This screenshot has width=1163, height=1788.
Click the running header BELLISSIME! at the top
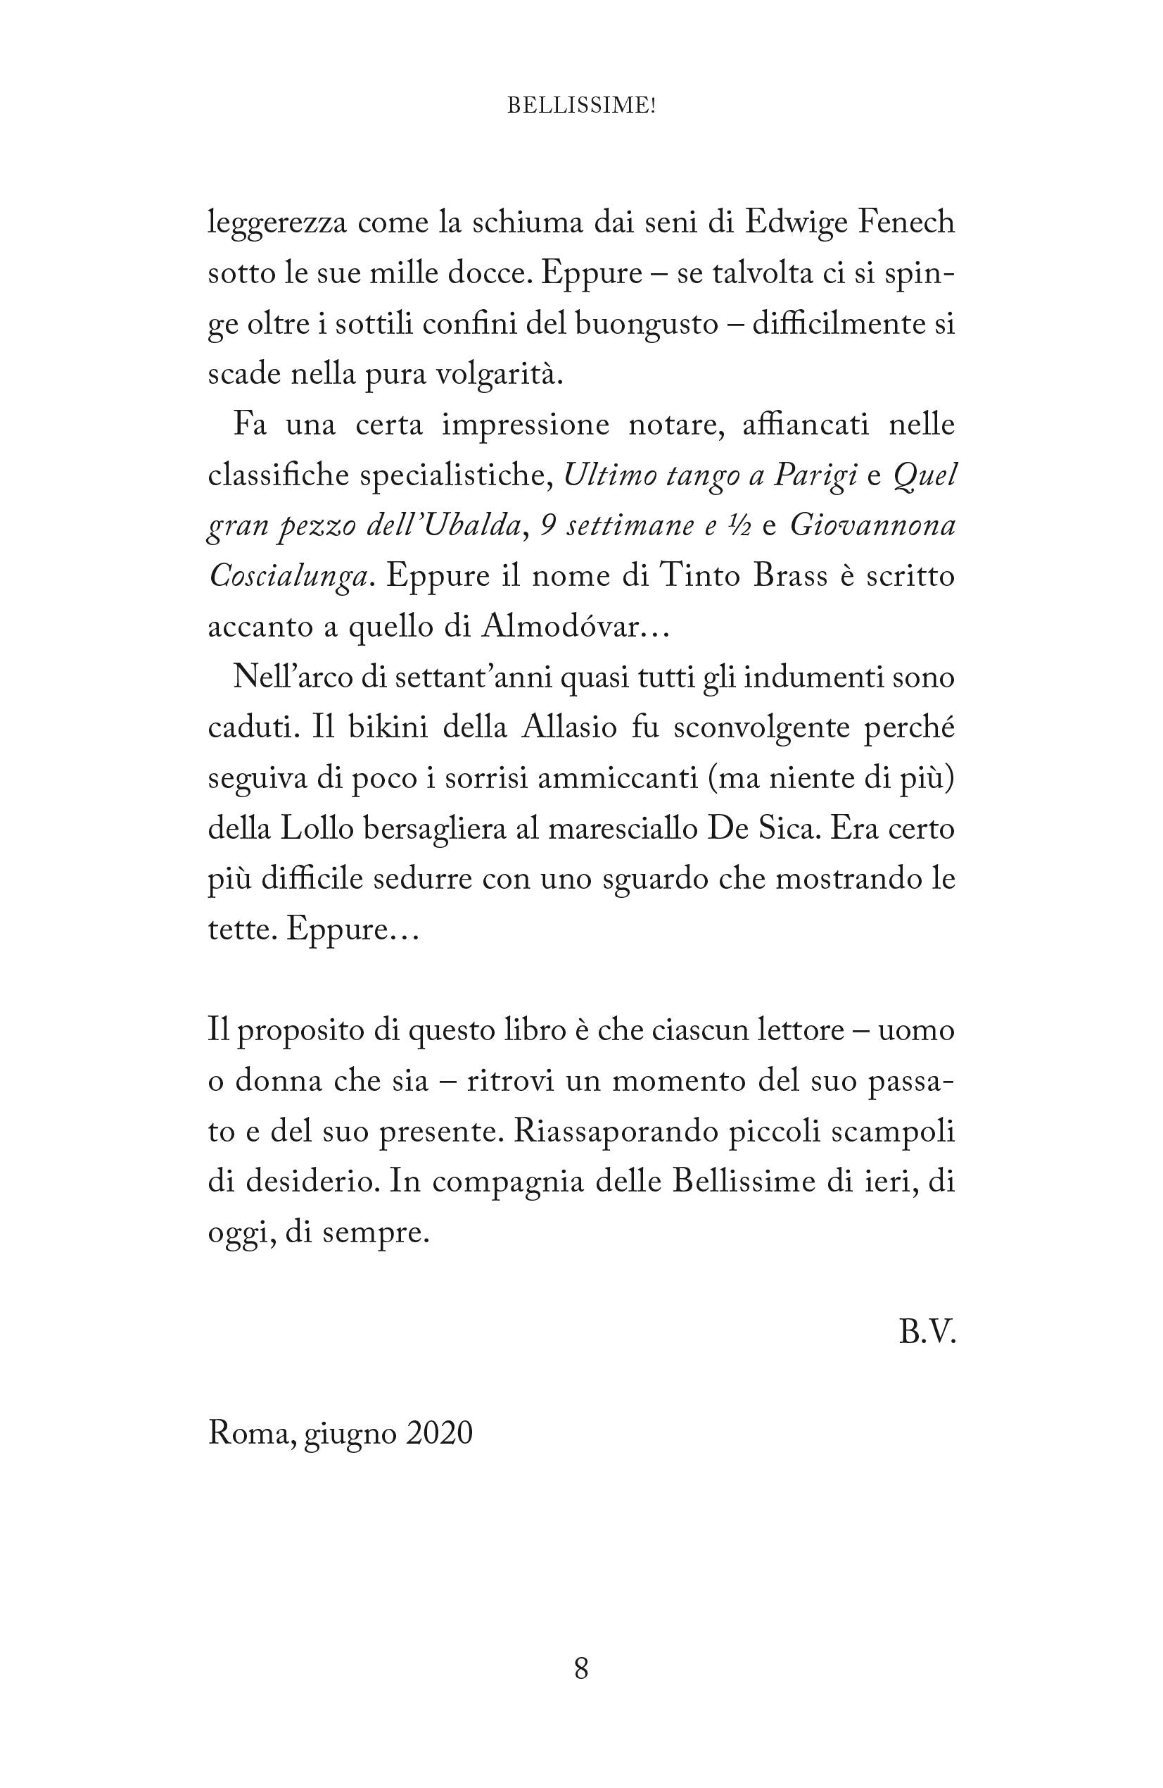[x=581, y=106]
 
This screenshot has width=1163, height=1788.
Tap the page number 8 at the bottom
[x=581, y=1668]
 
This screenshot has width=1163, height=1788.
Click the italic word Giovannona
[x=872, y=526]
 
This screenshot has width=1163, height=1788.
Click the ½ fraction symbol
[x=739, y=526]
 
